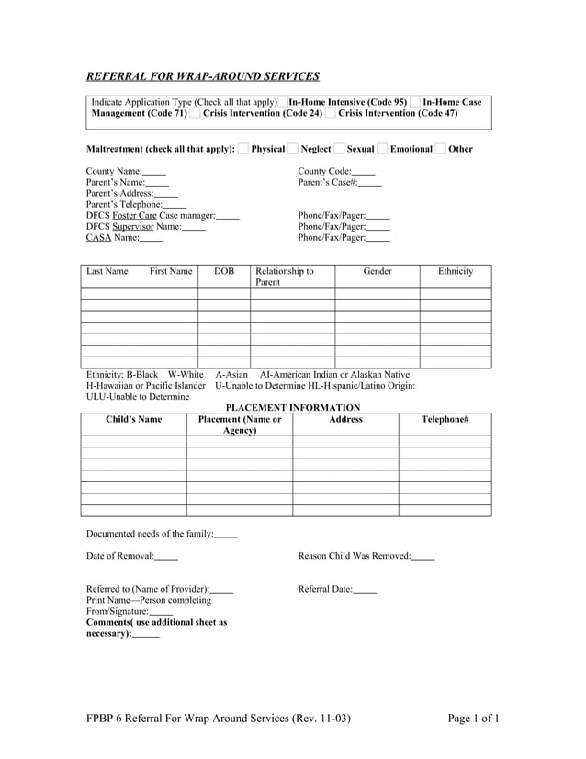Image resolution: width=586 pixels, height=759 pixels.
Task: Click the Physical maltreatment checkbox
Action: tap(243, 149)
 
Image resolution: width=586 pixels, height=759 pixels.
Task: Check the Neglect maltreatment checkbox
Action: tap(293, 149)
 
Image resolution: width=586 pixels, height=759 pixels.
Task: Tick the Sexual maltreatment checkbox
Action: tap(339, 149)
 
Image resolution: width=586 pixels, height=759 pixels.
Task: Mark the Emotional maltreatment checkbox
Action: tap(382, 149)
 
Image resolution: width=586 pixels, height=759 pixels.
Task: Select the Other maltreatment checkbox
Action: tap(440, 149)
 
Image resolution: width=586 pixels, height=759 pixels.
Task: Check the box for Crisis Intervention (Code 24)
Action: tap(196, 113)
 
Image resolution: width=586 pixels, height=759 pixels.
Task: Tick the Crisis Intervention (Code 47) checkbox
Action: tap(331, 113)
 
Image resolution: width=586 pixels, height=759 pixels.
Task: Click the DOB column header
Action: tap(224, 272)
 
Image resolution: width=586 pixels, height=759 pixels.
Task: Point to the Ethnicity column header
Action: tap(456, 272)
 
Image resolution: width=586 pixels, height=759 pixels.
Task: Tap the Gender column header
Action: tap(378, 272)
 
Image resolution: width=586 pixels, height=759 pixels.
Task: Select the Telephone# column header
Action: tap(445, 419)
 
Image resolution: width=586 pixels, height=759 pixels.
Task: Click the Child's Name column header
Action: tap(134, 419)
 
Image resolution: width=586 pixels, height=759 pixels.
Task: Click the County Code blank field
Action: tap(364, 172)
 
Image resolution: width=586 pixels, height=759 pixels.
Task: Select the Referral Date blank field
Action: tap(365, 589)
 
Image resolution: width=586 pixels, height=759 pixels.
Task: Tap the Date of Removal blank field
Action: tap(166, 556)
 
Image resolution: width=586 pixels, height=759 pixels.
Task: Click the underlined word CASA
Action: tap(98, 238)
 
